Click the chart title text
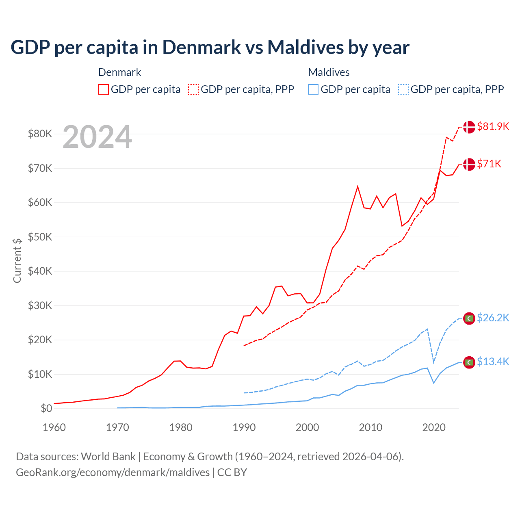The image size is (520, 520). [210, 48]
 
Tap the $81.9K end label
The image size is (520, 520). [493, 126]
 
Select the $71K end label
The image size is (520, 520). [489, 164]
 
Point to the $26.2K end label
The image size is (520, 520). [493, 318]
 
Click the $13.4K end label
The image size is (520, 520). [493, 362]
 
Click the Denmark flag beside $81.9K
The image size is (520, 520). [469, 127]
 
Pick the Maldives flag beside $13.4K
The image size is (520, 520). [469, 362]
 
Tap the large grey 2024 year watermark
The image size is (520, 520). [97, 137]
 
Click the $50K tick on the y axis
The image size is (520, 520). [40, 237]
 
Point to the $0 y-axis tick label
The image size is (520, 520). [46, 408]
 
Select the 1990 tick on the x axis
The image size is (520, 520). [244, 427]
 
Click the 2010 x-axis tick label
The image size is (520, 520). [370, 427]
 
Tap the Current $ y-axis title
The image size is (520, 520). [17, 260]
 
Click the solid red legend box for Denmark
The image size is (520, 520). [104, 89]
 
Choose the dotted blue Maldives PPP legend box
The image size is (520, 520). [403, 89]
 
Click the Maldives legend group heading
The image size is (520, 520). [329, 72]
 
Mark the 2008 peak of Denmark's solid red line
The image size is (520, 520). [357, 186]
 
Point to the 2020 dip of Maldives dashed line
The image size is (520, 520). [434, 362]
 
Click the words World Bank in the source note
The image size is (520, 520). [108, 457]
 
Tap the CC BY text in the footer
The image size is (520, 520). [232, 472]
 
